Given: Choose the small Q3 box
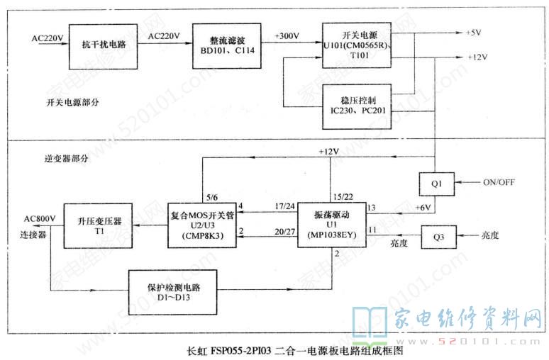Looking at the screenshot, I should tap(435, 233).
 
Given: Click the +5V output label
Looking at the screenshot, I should tap(475, 33).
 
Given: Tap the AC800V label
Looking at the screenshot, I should tap(38, 218).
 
